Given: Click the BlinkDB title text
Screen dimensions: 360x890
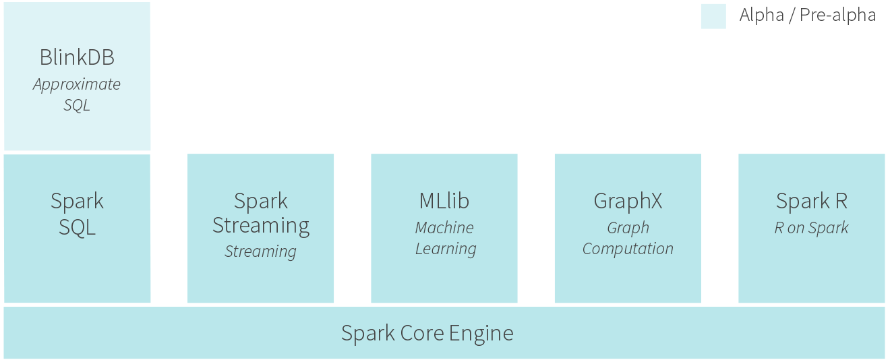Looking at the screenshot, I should [x=77, y=57].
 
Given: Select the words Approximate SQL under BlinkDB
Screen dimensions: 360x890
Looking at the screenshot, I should [x=77, y=95].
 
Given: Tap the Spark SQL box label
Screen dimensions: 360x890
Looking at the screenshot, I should [x=77, y=214].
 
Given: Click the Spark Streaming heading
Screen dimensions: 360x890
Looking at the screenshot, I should [x=261, y=213].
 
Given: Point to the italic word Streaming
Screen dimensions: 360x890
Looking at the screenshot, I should [x=260, y=251].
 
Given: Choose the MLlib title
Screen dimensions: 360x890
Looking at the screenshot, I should [x=444, y=201].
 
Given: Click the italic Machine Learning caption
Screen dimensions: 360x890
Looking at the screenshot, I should [x=445, y=238].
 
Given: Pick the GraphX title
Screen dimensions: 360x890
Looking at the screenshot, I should [x=628, y=201].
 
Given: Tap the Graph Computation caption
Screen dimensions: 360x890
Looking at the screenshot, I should [x=628, y=238].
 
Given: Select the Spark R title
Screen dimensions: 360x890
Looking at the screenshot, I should [x=811, y=201].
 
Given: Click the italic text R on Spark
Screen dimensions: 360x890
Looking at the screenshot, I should [x=811, y=228].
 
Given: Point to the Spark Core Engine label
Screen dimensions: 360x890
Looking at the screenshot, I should [x=427, y=333].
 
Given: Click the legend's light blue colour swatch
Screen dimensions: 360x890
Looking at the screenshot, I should [x=713, y=16].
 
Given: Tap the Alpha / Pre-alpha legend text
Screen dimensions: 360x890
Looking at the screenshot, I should [x=807, y=16].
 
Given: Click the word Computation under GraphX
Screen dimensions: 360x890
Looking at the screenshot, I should [x=628, y=249].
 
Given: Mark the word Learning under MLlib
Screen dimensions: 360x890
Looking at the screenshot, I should [x=446, y=249].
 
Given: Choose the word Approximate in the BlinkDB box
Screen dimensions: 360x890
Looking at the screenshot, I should [x=77, y=85].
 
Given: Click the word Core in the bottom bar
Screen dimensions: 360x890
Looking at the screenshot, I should [x=418, y=333].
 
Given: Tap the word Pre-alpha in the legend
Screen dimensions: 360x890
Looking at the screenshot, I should [x=837, y=16].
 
